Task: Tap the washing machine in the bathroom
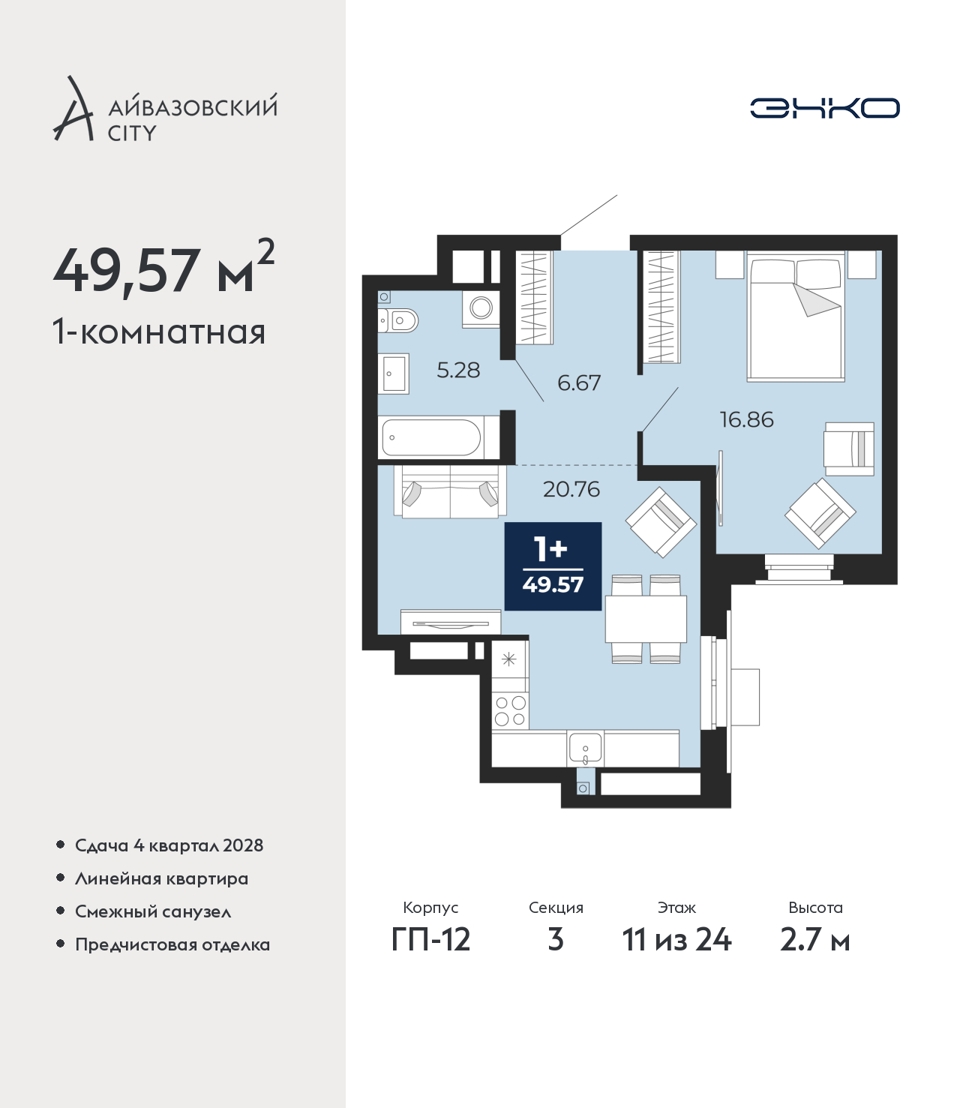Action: click(x=481, y=309)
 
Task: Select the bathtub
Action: click(x=431, y=437)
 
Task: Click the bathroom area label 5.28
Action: click(x=458, y=371)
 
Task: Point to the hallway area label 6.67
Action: click(x=579, y=383)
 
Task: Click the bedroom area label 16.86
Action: click(x=747, y=420)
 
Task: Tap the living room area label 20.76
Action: click(x=571, y=489)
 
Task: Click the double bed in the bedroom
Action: click(x=796, y=317)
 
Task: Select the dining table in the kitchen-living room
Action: click(x=646, y=619)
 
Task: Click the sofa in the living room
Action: click(x=450, y=491)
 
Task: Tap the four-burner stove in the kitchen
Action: click(x=510, y=711)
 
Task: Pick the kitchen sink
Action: click(x=585, y=749)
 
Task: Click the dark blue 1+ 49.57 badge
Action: click(x=553, y=566)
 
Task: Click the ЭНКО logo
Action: click(x=824, y=108)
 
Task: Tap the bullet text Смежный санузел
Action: click(x=153, y=911)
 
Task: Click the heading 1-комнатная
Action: click(x=159, y=332)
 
